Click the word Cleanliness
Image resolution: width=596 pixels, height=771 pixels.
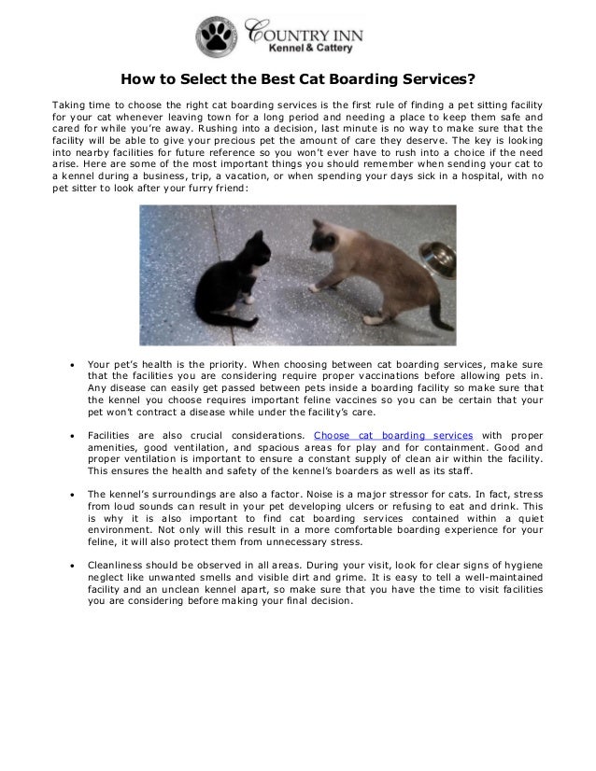pyautogui.click(x=116, y=566)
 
